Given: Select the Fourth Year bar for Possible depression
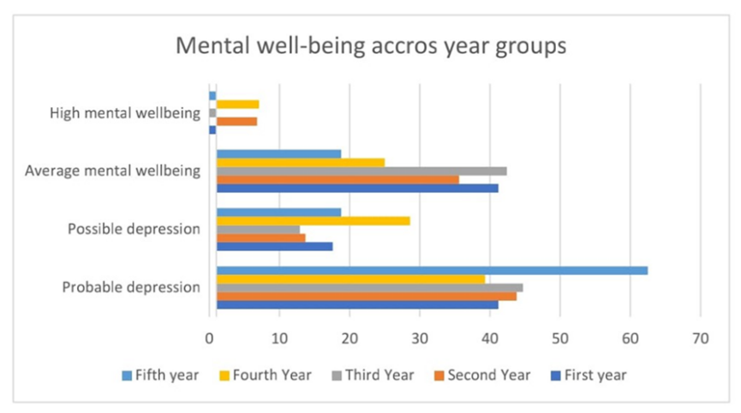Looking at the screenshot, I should pyautogui.click(x=313, y=221).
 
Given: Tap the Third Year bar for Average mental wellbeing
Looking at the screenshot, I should pyautogui.click(x=361, y=171).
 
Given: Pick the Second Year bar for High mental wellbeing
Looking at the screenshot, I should pyautogui.click(x=236, y=122).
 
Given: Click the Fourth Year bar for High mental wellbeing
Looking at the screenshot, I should pyautogui.click(x=237, y=105).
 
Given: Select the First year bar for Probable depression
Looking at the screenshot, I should pyautogui.click(x=356, y=304).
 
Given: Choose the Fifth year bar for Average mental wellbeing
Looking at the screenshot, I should pyautogui.click(x=278, y=154).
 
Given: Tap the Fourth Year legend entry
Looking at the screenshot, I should pyautogui.click(x=271, y=374).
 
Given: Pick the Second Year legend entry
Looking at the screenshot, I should pyautogui.click(x=487, y=374).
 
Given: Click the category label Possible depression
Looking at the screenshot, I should pyautogui.click(x=134, y=230).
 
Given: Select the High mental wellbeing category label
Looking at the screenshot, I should pyautogui.click(x=125, y=113).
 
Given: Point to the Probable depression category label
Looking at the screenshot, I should pyautogui.click(x=131, y=288).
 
